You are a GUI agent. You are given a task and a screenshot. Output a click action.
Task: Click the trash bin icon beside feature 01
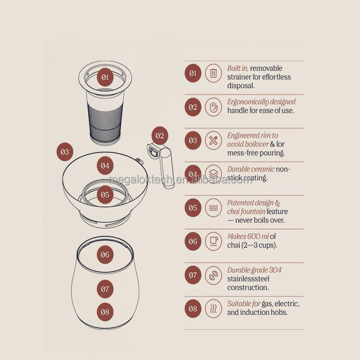[213, 73]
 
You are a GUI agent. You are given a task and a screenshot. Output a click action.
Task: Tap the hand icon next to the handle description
[213, 107]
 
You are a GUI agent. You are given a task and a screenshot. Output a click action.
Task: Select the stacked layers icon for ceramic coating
[213, 174]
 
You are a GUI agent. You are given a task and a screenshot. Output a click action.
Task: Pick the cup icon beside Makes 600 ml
[213, 241]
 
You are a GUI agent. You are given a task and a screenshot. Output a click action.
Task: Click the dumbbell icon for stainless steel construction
[213, 275]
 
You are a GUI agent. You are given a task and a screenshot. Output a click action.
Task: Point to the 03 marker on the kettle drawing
[65, 152]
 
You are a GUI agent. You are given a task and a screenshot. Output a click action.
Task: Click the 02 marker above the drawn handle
[160, 135]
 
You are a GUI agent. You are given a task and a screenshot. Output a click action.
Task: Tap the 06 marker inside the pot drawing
[105, 255]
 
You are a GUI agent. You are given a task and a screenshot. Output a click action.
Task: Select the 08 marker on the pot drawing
[105, 311]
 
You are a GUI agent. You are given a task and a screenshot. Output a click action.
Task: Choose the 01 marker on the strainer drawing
[105, 77]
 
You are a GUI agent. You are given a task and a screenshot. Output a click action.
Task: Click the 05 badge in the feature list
[193, 208]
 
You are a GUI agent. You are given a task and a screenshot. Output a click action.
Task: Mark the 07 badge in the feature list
[193, 275]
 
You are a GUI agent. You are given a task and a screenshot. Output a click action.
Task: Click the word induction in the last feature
[259, 312]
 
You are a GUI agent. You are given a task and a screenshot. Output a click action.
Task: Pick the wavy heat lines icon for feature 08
[213, 309]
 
